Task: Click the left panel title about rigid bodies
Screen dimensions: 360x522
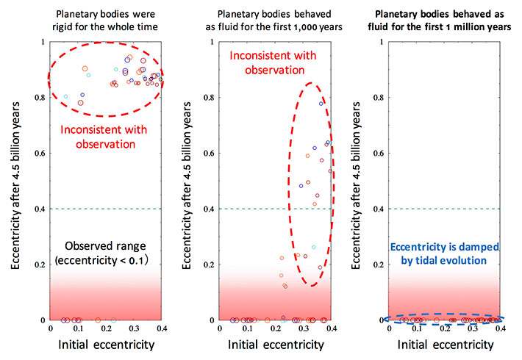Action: click(106, 17)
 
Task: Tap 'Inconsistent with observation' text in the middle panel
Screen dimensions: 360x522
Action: click(265, 63)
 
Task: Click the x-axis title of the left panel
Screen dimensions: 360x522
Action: click(105, 345)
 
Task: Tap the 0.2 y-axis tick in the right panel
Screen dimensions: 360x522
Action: click(379, 264)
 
